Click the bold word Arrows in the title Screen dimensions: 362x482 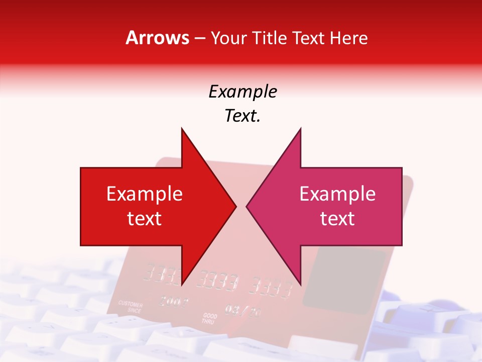click(157, 38)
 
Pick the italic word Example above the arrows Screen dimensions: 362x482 click(243, 92)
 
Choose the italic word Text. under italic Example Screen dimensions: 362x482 click(243, 116)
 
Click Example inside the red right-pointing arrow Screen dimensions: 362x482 click(145, 194)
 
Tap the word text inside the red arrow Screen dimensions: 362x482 click(145, 219)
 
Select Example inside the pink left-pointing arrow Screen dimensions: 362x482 click(337, 194)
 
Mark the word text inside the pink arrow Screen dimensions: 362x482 click(337, 219)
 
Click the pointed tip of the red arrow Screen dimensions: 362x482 click(235, 206)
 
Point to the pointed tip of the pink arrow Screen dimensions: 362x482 click(247, 206)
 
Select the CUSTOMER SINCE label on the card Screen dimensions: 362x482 click(131, 308)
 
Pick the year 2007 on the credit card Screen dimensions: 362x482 click(174, 302)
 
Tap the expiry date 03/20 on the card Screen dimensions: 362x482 click(243, 311)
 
